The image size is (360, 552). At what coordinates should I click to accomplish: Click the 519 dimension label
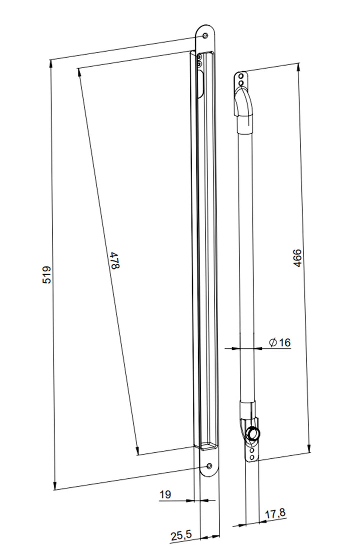pos(47,275)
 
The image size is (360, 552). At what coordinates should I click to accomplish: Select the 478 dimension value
pos(115,260)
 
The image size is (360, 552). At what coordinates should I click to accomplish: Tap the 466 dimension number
pos(297,258)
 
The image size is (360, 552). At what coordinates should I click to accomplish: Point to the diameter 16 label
pos(280,342)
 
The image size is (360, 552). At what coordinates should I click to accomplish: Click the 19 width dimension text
pos(165,494)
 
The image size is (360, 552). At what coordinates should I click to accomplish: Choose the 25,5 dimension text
pos(181,535)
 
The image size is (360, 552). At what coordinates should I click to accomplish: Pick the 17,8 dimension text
pos(275,513)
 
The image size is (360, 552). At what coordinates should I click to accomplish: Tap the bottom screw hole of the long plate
pos(209,466)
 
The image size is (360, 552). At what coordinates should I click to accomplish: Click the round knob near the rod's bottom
pos(252,433)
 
